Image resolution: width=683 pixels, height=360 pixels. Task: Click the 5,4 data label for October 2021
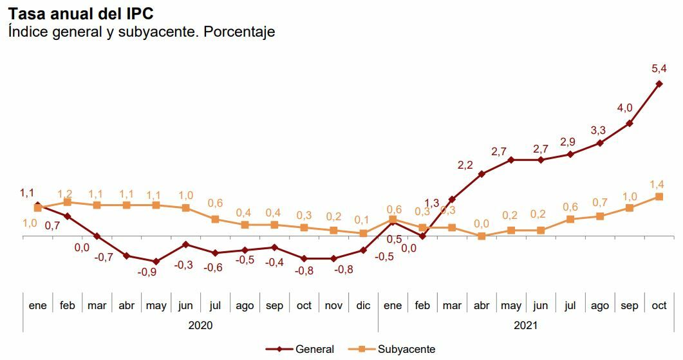tap(659, 68)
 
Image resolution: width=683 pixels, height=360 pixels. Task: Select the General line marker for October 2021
tap(659, 84)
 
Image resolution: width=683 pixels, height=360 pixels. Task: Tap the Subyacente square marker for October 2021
tap(659, 196)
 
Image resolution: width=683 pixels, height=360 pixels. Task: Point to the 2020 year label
tap(200, 325)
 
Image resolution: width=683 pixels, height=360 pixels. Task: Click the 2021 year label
tap(525, 325)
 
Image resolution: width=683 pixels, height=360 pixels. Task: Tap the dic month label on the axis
tap(363, 305)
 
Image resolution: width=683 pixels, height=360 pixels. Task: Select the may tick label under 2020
tap(156, 305)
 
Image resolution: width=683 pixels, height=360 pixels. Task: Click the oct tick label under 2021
tap(659, 305)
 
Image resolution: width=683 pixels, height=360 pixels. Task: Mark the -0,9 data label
tap(147, 272)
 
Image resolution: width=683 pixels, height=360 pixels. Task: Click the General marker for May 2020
tap(156, 261)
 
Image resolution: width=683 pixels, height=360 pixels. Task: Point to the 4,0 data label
tap(625, 108)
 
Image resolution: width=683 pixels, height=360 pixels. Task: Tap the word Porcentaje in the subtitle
tap(239, 32)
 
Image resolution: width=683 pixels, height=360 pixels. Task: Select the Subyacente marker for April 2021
tap(482, 236)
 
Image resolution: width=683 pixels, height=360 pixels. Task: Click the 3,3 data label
tap(598, 130)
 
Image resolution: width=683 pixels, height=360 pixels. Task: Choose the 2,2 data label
tap(465, 165)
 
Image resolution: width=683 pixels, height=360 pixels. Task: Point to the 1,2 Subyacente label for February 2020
tap(66, 193)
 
